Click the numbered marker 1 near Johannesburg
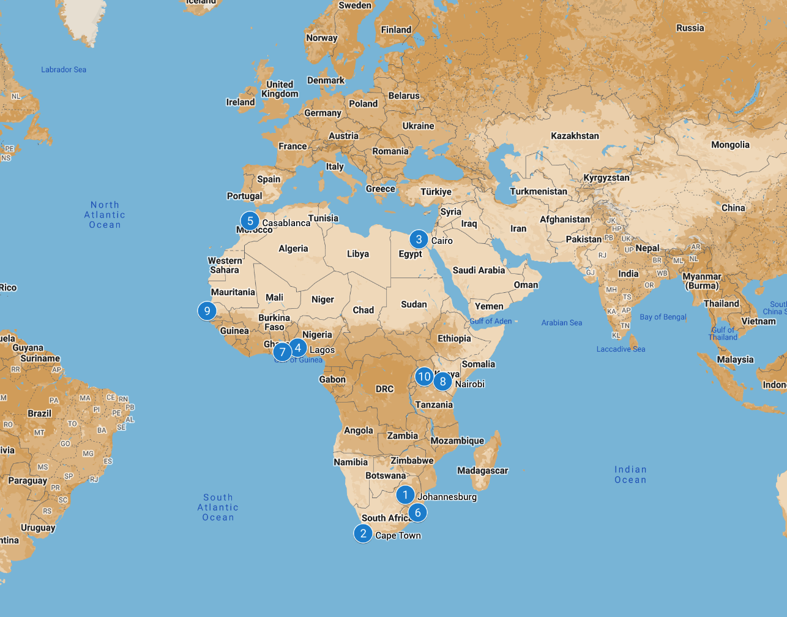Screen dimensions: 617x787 405,494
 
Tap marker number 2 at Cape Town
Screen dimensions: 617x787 363,533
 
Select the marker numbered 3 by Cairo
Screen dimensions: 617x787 419,239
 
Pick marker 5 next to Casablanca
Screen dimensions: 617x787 250,221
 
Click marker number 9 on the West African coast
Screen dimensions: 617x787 207,311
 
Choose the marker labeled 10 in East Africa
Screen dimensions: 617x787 424,376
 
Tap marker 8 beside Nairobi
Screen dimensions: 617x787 442,381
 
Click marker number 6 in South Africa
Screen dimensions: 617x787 418,512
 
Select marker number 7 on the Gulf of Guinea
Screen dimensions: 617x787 282,352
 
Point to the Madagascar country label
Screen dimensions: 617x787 482,471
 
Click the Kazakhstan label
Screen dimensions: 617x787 575,135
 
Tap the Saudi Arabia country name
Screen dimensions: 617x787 479,270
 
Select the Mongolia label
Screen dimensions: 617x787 730,145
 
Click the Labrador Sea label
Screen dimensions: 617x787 64,70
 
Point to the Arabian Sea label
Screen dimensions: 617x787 561,323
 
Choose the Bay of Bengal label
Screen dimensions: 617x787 663,317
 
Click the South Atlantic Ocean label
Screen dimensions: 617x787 218,507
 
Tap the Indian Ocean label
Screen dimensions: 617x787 630,475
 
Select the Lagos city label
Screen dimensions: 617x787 322,350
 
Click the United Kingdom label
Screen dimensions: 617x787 280,89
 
